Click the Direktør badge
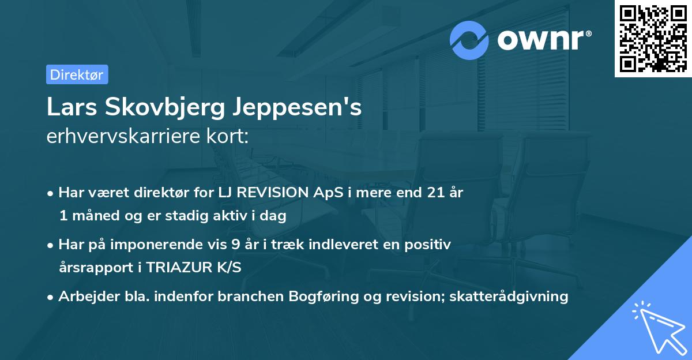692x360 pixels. coord(77,74)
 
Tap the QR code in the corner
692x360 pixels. coord(652,38)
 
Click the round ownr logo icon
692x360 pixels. coord(469,40)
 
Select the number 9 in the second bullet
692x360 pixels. coord(235,245)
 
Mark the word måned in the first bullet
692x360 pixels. coord(93,216)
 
